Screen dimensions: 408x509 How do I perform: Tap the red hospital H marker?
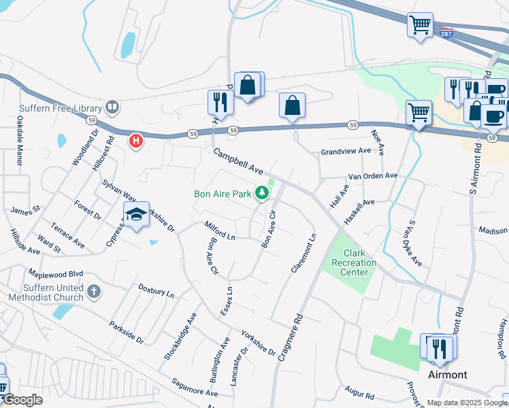click(136, 141)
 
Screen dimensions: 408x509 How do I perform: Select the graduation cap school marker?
click(136, 215)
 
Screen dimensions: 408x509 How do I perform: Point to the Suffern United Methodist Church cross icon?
click(94, 292)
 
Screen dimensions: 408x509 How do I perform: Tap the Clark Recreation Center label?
click(350, 262)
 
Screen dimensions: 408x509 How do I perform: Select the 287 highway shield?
click(446, 33)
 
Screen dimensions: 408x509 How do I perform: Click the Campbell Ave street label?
click(238, 162)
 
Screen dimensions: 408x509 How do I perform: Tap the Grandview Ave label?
click(345, 151)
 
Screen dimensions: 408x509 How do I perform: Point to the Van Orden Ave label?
click(372, 175)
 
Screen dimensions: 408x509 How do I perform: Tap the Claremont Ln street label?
click(303, 253)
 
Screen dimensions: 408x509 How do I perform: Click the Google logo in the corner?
click(22, 400)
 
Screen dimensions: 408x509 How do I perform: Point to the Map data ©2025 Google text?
click(466, 403)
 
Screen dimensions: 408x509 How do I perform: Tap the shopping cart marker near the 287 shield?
click(420, 26)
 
